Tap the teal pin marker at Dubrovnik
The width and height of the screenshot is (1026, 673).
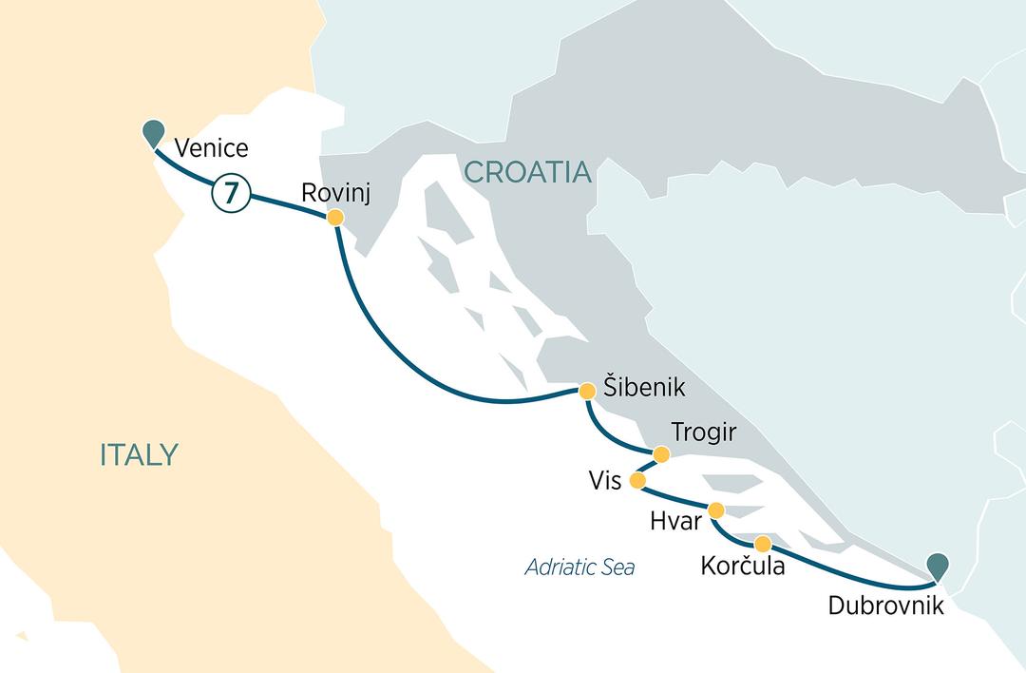938,566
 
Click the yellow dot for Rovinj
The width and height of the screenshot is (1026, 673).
334,218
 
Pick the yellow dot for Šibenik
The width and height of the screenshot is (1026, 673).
586,390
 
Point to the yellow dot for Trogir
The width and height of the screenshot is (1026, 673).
661,455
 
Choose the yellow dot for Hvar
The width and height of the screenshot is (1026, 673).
716,510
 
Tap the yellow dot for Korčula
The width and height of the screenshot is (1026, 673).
762,544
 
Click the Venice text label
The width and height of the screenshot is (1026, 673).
212,148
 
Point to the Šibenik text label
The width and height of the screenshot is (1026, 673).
644,390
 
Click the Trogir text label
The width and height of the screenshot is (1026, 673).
703,433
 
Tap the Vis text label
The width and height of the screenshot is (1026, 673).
604,481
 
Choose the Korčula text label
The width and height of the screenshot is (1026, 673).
742,567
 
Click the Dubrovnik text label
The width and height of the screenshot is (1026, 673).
886,605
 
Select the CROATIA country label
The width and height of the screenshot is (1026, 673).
526,172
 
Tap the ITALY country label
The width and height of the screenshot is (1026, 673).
139,455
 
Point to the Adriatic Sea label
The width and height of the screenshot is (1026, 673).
579,567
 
